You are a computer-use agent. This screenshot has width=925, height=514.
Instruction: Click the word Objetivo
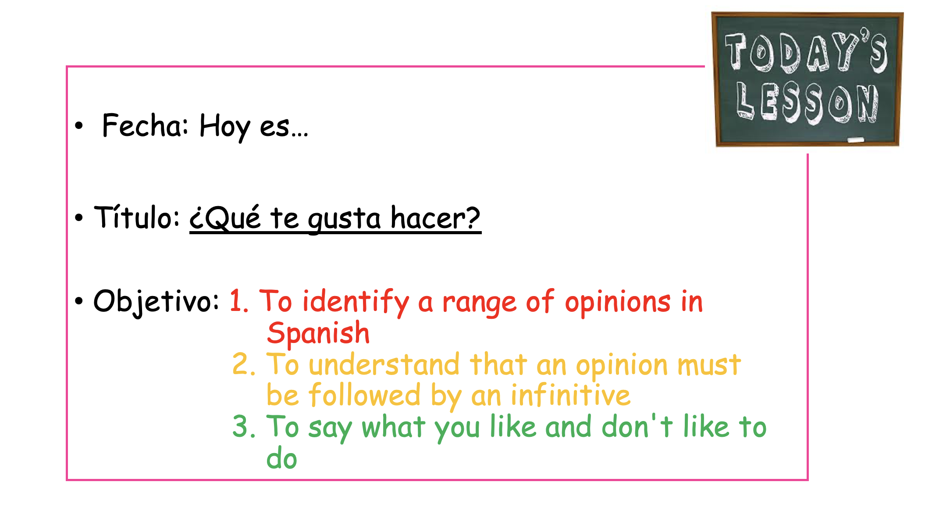click(156, 302)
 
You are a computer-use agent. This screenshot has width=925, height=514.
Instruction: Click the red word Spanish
click(318, 333)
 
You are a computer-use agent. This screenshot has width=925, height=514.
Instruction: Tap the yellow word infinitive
click(570, 395)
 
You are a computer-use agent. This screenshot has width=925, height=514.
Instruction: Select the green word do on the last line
click(281, 459)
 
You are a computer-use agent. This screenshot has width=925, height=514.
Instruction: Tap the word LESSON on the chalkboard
click(807, 103)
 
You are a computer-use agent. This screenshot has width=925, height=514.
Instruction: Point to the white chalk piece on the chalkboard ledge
click(855, 140)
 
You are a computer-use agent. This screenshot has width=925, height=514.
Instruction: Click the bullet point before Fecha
click(79, 126)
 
